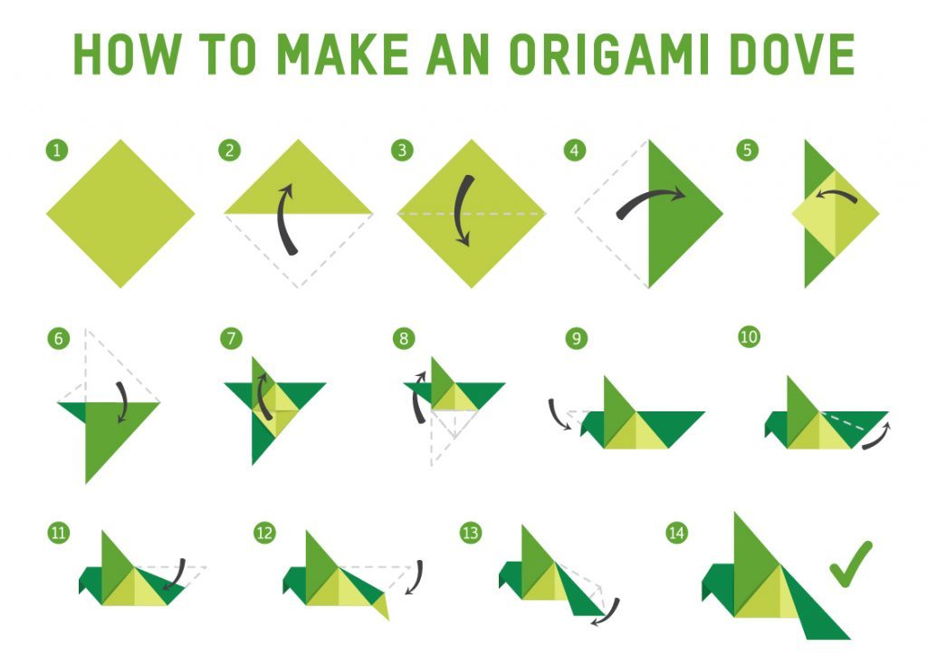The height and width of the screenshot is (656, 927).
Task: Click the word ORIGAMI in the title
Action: pos(608,53)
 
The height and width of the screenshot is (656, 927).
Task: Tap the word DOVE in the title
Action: pos(792,53)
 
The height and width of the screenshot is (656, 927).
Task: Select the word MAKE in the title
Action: pos(342,53)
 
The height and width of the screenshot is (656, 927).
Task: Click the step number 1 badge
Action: pos(57,150)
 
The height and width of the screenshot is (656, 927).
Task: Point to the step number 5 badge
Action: pos(747,150)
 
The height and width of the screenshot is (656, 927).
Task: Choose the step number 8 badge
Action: pos(404,338)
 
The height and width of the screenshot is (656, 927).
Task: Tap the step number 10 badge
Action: pos(749,337)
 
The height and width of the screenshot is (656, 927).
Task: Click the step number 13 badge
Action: pos(471,533)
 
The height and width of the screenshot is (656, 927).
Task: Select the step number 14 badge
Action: pos(676,533)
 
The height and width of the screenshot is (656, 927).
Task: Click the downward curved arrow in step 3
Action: pos(463,210)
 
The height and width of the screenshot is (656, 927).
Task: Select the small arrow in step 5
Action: pos(836,193)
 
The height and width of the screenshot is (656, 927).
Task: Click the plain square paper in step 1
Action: pos(120,214)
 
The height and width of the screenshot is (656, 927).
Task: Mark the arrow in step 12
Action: pos(416,577)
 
